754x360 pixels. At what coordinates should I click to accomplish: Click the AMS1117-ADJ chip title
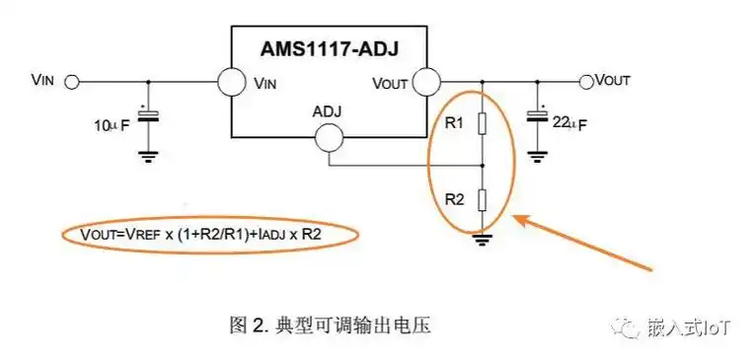331,46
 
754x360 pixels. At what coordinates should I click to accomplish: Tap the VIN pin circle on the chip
232,82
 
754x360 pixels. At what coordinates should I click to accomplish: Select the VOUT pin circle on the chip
426,82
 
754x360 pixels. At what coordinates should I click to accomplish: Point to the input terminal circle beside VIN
70,82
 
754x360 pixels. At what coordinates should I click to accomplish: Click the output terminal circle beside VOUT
586,81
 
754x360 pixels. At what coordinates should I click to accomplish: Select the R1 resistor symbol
482,123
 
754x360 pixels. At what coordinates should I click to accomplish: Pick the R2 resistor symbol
482,199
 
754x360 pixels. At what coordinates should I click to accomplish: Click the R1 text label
453,124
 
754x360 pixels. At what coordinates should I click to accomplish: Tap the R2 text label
453,199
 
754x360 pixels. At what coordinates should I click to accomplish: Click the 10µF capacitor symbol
148,116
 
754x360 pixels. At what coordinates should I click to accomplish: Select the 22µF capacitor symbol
538,116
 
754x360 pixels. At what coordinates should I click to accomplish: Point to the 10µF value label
111,125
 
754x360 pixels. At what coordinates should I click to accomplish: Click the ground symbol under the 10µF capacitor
148,152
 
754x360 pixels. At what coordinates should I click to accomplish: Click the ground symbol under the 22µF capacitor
538,152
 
